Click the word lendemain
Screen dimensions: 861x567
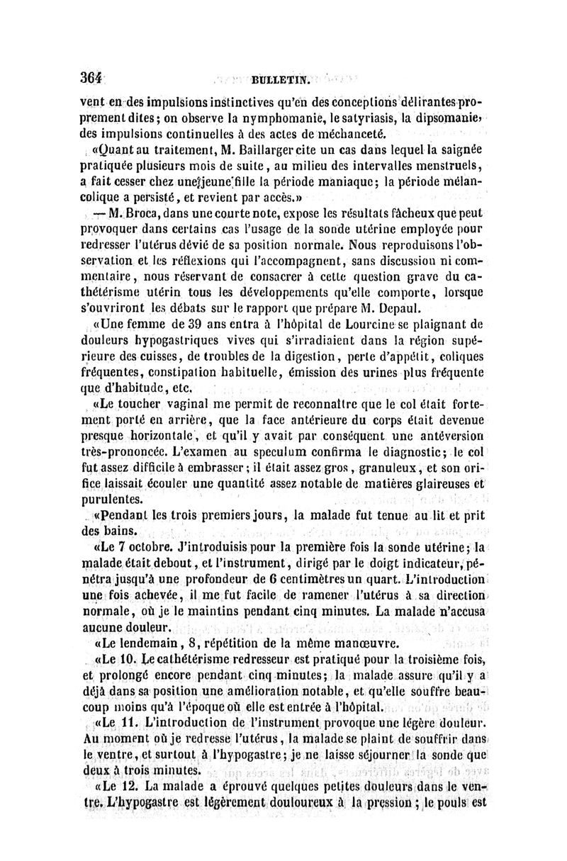point(140,644)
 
